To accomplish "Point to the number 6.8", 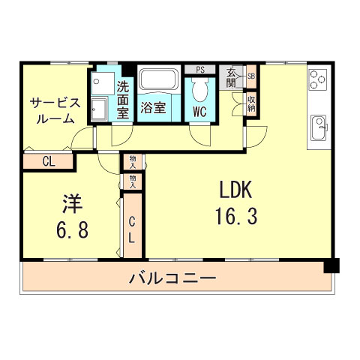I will [x=72, y=229].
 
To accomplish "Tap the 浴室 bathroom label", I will [x=154, y=107].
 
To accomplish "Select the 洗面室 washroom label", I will [x=123, y=98].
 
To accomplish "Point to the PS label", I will [x=199, y=70].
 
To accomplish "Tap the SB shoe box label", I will [x=251, y=76].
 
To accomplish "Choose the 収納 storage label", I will [x=251, y=101].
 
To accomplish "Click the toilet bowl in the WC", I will [x=199, y=89].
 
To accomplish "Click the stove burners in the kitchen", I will [x=318, y=79].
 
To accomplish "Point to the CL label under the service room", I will [x=48, y=160].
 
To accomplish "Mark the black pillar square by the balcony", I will [x=331, y=265].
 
